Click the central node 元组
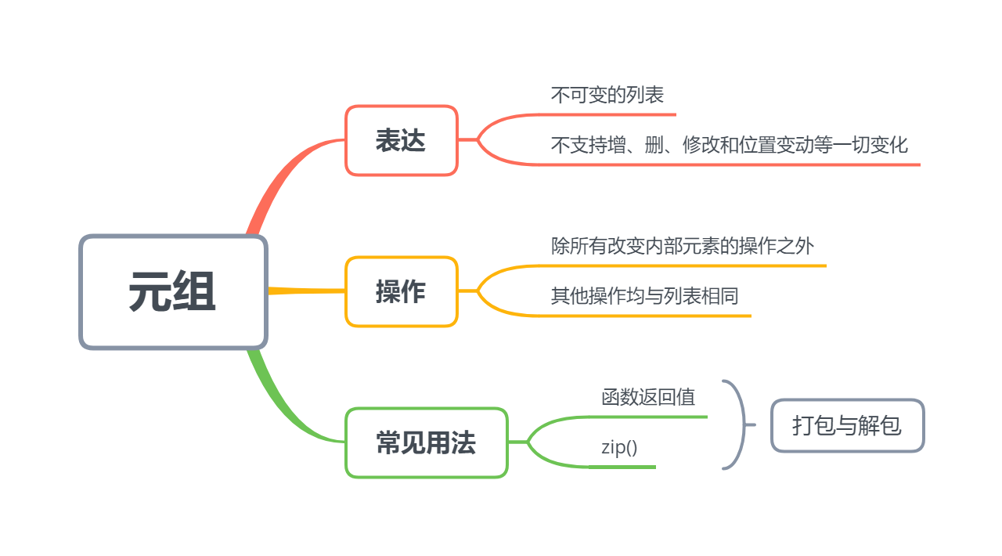173,292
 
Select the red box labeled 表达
401,141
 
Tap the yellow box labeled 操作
401,291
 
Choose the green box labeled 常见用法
426,443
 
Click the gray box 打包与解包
847,425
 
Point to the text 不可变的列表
607,96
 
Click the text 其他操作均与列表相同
644,296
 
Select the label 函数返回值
648,397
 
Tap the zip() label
619,447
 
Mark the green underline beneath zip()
622,467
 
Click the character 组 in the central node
195,292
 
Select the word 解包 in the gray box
882,425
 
